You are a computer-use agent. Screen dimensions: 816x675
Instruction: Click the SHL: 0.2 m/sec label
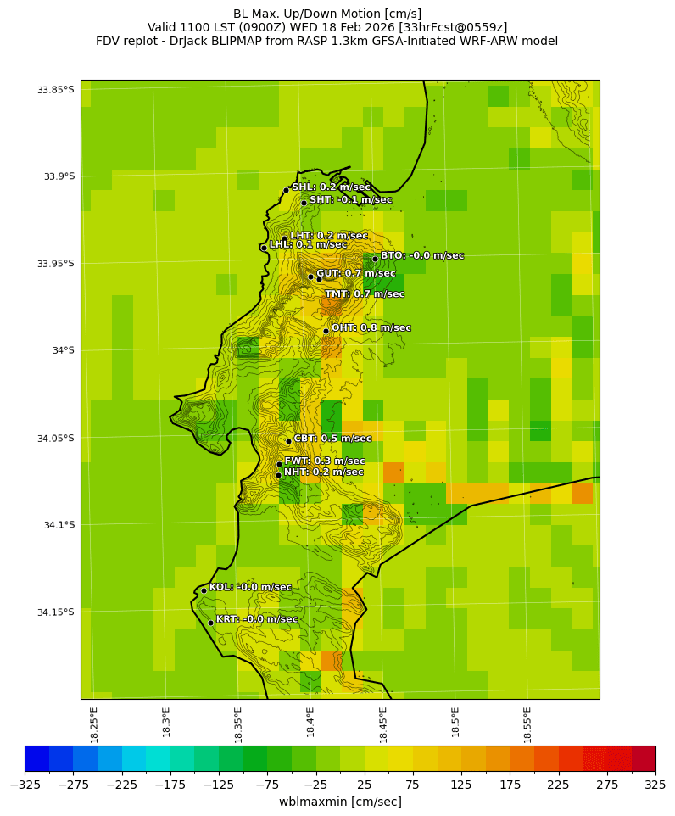[x=331, y=187]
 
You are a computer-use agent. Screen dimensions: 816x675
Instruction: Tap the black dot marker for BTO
[x=375, y=260]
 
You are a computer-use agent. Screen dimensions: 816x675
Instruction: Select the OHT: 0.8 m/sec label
[x=371, y=328]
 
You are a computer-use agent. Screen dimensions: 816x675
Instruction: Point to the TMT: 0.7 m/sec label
[x=365, y=294]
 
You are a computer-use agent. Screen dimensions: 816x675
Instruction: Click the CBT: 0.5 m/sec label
[x=332, y=439]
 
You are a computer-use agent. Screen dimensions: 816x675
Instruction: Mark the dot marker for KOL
[x=204, y=590]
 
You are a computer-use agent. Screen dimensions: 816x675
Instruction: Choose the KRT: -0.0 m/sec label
[x=257, y=619]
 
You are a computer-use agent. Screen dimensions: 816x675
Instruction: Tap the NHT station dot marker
[x=278, y=475]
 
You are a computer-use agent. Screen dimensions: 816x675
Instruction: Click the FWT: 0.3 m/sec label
[x=325, y=461]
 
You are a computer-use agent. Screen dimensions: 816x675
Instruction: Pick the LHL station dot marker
[x=264, y=248]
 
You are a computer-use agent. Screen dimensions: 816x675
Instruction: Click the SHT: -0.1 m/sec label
[x=350, y=200]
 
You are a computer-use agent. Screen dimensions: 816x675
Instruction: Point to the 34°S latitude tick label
[x=61, y=350]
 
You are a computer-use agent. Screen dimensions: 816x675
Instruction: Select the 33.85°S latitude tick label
[x=55, y=90]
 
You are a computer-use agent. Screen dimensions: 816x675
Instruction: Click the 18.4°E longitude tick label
[x=311, y=724]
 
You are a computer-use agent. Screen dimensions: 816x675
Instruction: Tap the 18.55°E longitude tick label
[x=528, y=724]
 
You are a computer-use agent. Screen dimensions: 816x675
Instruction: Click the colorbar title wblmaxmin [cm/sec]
[x=340, y=802]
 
